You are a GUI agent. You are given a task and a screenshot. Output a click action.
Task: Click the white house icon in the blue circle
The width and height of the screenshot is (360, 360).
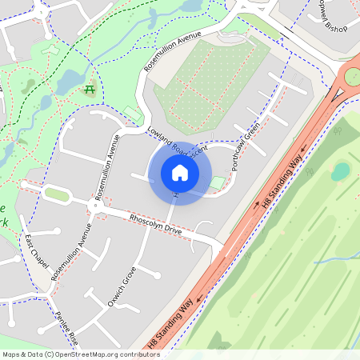(179, 173)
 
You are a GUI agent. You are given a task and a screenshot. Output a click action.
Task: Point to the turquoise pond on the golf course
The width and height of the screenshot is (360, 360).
(342, 170)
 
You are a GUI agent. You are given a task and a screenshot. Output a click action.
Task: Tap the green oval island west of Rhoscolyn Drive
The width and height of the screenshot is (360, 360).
(56, 194)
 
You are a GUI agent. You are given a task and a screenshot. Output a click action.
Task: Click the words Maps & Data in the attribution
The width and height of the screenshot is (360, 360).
(22, 354)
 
